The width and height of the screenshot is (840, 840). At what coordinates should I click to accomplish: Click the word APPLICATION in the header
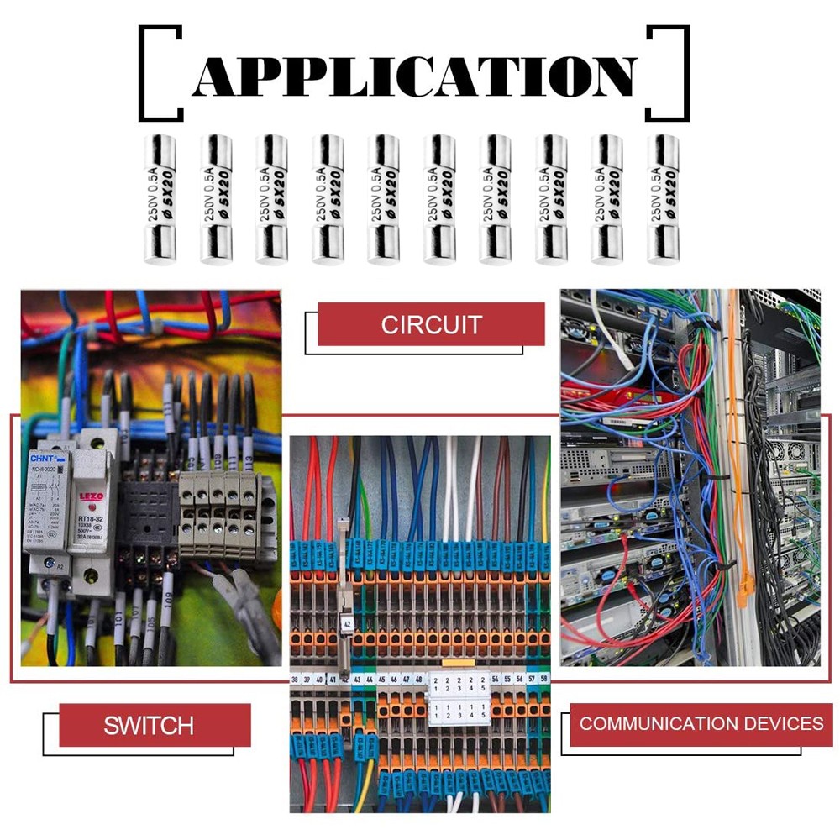[x=413, y=76]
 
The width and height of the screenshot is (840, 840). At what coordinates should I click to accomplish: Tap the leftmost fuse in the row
[x=160, y=199]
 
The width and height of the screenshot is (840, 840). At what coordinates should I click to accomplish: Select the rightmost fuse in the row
[x=663, y=199]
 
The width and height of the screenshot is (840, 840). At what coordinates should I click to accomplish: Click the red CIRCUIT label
[x=431, y=325]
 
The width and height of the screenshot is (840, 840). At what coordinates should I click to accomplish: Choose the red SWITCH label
[x=149, y=725]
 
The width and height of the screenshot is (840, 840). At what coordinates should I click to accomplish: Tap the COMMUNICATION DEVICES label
[x=701, y=723]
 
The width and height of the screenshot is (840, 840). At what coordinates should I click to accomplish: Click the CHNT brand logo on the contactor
[x=42, y=459]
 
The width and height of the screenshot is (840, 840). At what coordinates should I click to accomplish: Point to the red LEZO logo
[x=90, y=496]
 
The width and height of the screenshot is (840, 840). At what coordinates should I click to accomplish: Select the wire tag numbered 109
[x=168, y=600]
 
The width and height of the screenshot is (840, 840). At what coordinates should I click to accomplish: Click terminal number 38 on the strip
[x=296, y=679]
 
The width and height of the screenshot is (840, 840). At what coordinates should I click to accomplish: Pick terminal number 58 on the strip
[x=544, y=678]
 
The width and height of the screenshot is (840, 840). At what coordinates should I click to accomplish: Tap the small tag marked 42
[x=348, y=623]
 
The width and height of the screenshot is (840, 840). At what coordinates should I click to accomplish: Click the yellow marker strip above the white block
[x=459, y=664]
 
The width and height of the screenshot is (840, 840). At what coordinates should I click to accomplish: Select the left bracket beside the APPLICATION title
[x=160, y=74]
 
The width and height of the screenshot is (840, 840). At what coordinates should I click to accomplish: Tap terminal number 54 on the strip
[x=495, y=678]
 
